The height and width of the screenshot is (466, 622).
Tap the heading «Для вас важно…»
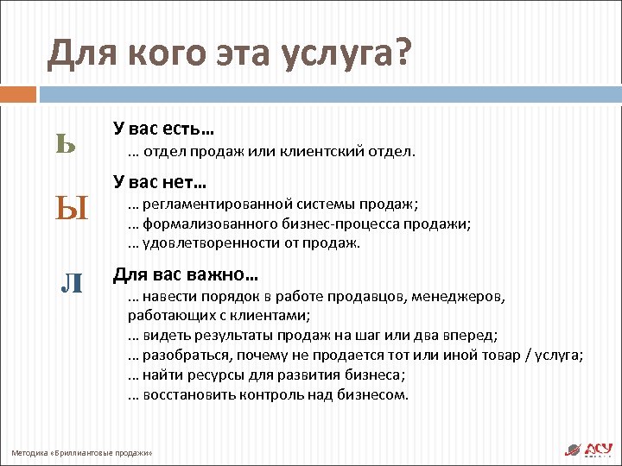(x=186, y=276)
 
